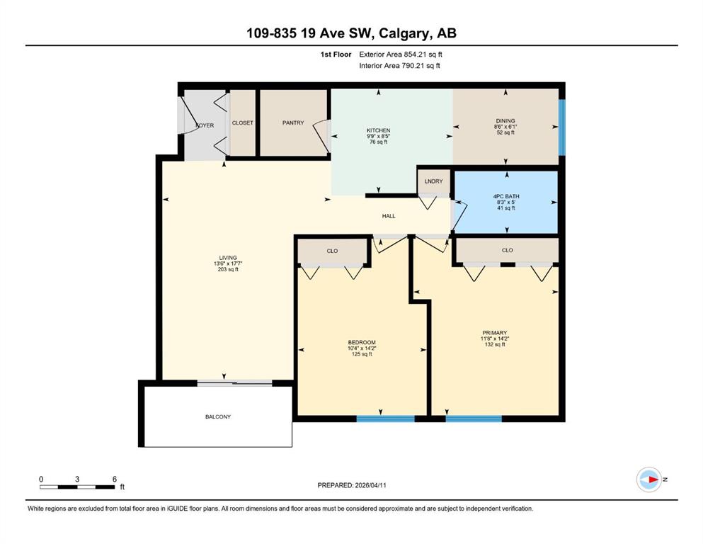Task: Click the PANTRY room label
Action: click(x=293, y=123)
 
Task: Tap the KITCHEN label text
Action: click(x=378, y=130)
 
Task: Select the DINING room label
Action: click(x=505, y=120)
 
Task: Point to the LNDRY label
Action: click(x=433, y=181)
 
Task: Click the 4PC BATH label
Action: click(x=506, y=196)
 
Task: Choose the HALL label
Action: click(x=389, y=216)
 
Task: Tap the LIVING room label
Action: click(x=228, y=258)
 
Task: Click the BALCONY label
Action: click(x=218, y=416)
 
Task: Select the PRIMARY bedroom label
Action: click(x=495, y=333)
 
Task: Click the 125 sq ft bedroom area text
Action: click(x=362, y=354)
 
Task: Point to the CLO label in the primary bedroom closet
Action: click(x=507, y=250)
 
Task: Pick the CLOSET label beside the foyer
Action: click(x=243, y=123)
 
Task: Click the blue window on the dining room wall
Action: click(x=562, y=127)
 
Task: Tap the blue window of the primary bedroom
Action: click(x=474, y=419)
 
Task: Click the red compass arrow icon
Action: click(x=653, y=480)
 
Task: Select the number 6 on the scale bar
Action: click(x=115, y=479)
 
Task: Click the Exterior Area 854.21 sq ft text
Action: click(x=401, y=55)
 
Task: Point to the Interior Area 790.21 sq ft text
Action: click(x=399, y=65)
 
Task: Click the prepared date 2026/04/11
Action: click(x=370, y=485)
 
